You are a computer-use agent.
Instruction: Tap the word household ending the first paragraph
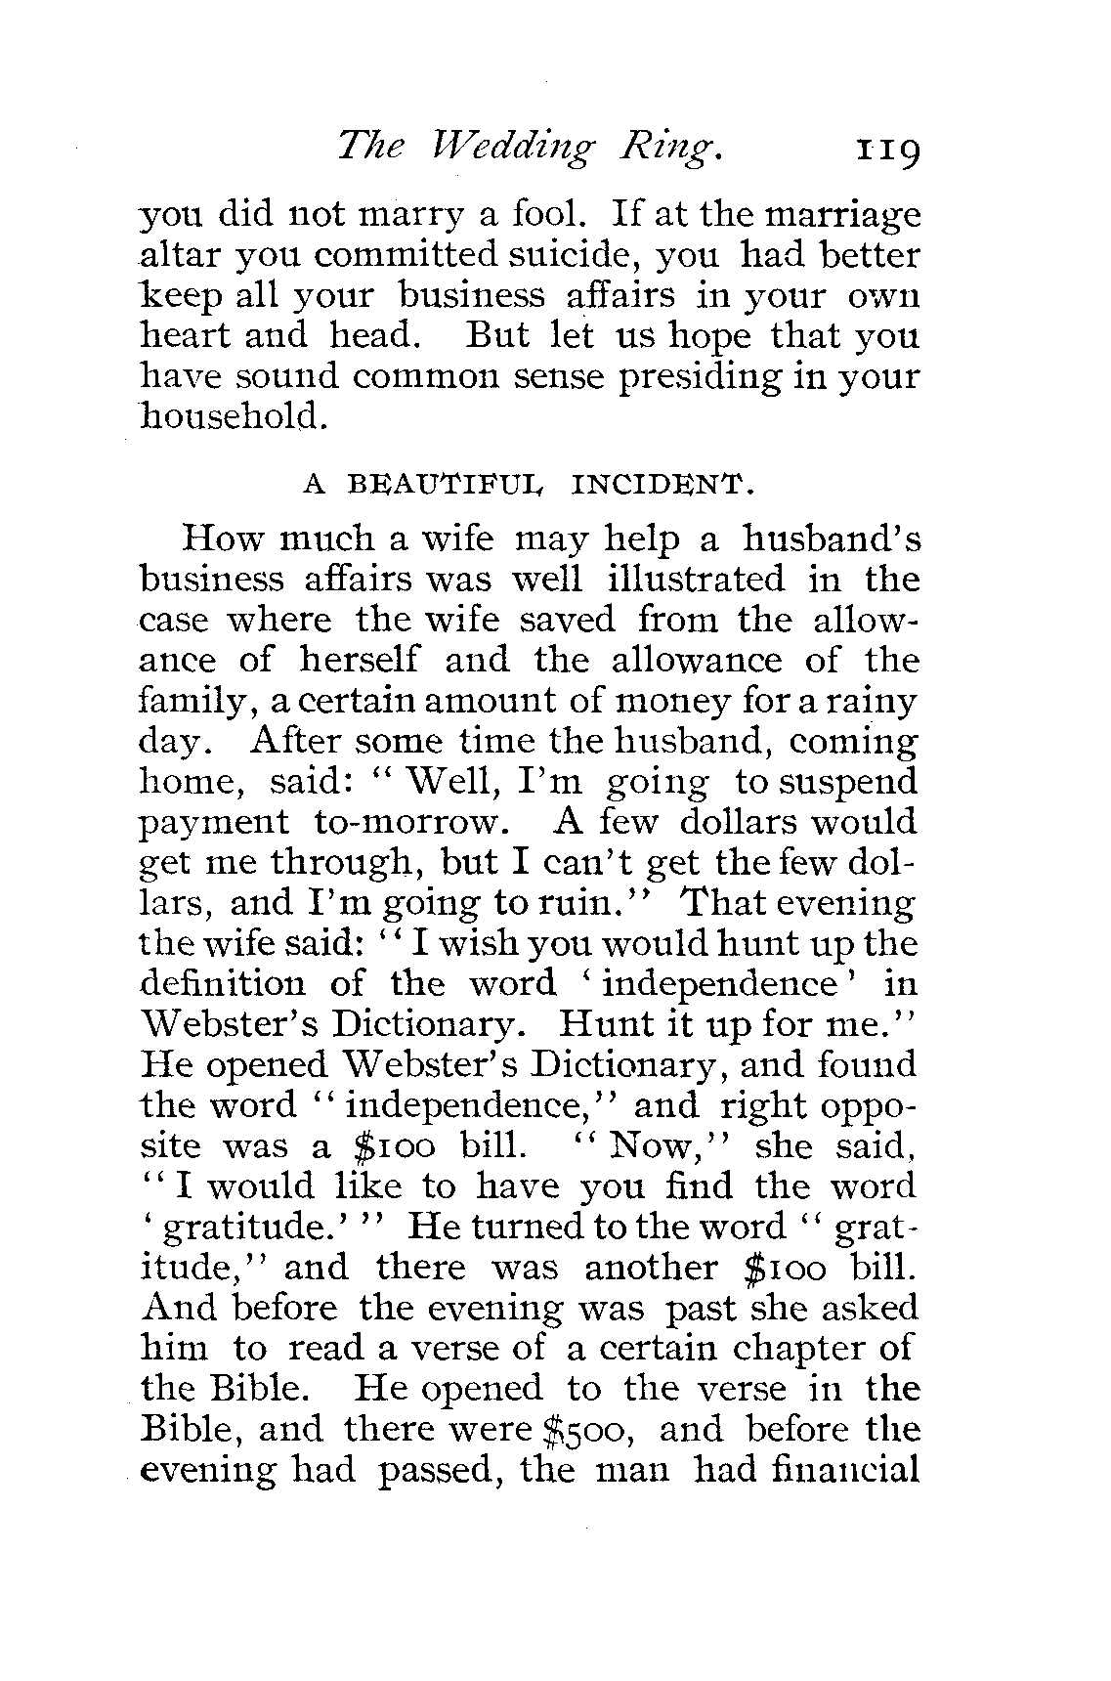pos(232,417)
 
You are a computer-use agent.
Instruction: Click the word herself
pos(359,661)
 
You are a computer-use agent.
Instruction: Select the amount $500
pos(590,1431)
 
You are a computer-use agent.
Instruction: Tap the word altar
pos(181,255)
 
